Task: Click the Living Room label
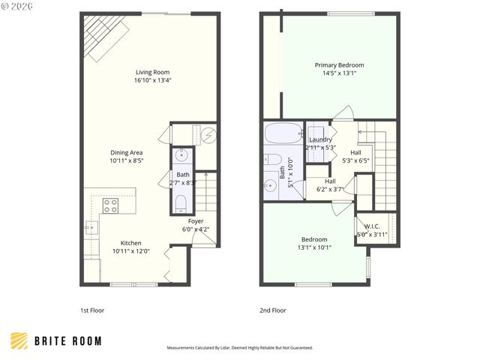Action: click(x=152, y=73)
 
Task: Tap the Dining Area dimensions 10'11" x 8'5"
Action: click(x=126, y=160)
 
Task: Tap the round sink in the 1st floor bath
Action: click(x=181, y=157)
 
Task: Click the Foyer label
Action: click(x=196, y=221)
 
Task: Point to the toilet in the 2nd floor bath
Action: click(x=272, y=160)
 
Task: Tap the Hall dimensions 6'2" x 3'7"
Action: click(x=330, y=189)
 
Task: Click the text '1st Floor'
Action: click(x=93, y=310)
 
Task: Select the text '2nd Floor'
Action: click(x=273, y=310)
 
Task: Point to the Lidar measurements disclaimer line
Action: click(x=239, y=348)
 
